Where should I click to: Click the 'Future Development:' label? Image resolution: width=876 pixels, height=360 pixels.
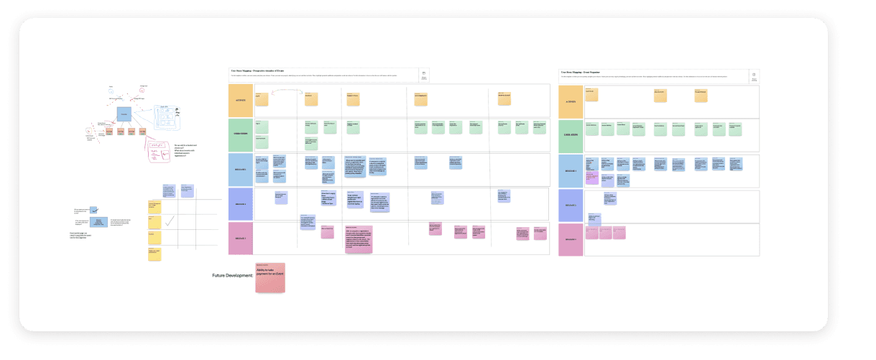(233, 276)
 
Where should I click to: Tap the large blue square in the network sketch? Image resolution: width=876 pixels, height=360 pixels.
(124, 114)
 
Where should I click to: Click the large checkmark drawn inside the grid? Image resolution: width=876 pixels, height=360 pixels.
(170, 223)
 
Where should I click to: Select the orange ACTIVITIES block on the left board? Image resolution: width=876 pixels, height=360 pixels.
(241, 100)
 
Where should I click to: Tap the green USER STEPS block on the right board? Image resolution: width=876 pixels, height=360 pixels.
(571, 135)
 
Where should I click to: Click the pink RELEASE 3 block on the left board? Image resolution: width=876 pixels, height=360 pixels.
(241, 239)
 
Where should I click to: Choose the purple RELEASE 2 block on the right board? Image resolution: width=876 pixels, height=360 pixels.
(571, 205)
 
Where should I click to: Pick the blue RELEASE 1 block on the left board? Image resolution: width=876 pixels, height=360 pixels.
(241, 170)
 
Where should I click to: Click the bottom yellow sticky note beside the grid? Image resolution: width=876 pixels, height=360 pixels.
(155, 254)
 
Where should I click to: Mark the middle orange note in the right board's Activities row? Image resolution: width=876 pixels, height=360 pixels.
(660, 95)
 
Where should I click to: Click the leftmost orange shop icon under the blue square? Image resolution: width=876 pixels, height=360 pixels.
(111, 131)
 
